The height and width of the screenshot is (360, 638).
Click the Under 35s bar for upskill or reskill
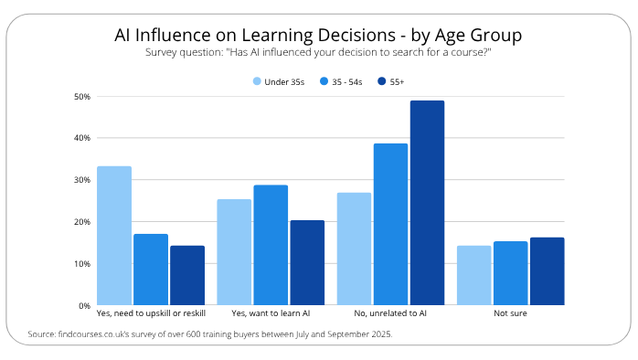[x=114, y=236]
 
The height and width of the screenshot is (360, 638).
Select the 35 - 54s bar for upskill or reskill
[x=151, y=270]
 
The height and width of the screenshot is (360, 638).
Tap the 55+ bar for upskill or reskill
[x=187, y=275]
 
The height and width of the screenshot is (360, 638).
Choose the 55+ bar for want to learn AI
[x=307, y=262]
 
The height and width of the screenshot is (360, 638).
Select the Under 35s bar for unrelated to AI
[x=355, y=249]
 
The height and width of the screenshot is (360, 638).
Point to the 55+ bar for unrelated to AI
[x=427, y=203]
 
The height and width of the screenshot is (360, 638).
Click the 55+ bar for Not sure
[x=547, y=271]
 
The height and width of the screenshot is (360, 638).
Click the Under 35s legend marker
[x=257, y=82]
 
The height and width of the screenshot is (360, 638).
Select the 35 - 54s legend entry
[x=340, y=82]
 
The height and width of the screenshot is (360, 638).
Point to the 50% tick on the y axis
[x=81, y=96]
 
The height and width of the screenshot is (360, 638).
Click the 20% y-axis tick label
[x=81, y=222]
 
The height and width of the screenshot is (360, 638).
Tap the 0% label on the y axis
[x=83, y=305]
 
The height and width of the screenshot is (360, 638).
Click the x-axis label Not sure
[x=510, y=313]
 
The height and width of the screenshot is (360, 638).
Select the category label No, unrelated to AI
[x=390, y=313]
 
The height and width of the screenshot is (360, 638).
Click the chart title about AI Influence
[x=318, y=36]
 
